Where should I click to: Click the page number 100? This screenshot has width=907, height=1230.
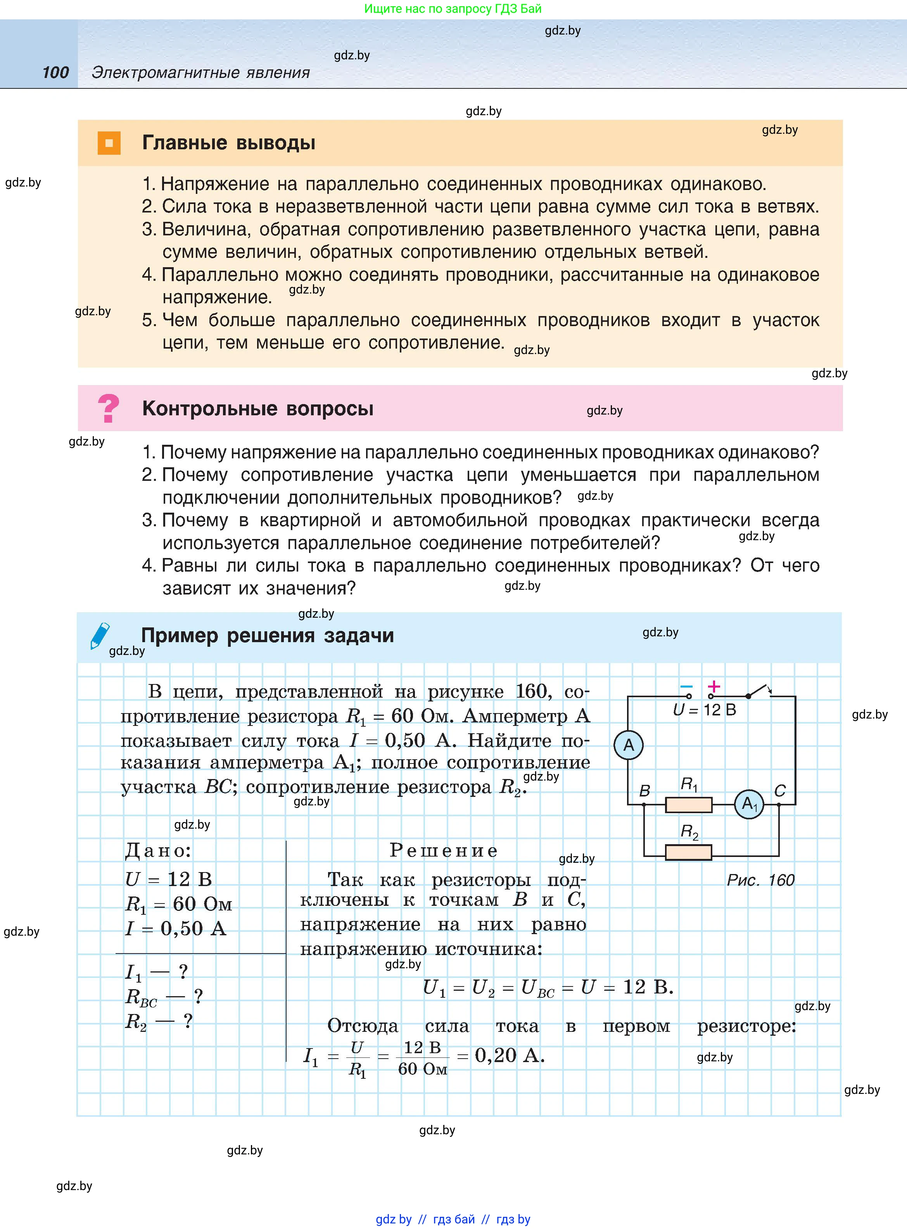coord(55,73)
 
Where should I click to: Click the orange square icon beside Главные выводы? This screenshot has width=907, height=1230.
coord(109,143)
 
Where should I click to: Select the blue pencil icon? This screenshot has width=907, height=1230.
coord(100,636)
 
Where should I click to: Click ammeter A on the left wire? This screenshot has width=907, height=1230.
coord(628,745)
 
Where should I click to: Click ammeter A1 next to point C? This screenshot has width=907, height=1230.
coord(749,805)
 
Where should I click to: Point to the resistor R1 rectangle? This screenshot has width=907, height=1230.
coord(688,805)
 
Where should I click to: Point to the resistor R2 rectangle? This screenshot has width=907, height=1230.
coord(688,852)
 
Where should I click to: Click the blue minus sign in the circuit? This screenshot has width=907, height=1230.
coord(686,687)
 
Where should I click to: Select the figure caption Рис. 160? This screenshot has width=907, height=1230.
coord(760,880)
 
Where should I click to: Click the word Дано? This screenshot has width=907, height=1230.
coord(158,850)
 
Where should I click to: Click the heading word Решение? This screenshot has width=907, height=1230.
coord(444,850)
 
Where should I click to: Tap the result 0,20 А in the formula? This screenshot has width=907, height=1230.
coord(509,1055)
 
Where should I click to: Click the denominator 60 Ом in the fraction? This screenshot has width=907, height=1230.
coord(422,1069)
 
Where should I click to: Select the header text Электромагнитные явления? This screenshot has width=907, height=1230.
coord(200,73)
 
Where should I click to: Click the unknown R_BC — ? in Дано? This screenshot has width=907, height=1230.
coord(164,997)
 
